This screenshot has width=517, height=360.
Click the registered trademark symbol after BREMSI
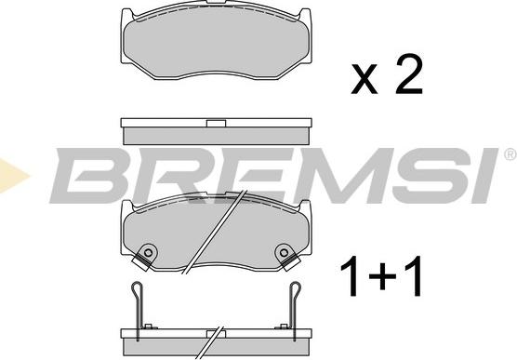tap(510, 152)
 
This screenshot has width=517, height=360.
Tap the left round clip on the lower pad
tap(146, 254)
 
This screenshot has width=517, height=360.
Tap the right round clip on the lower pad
tap(284, 253)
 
